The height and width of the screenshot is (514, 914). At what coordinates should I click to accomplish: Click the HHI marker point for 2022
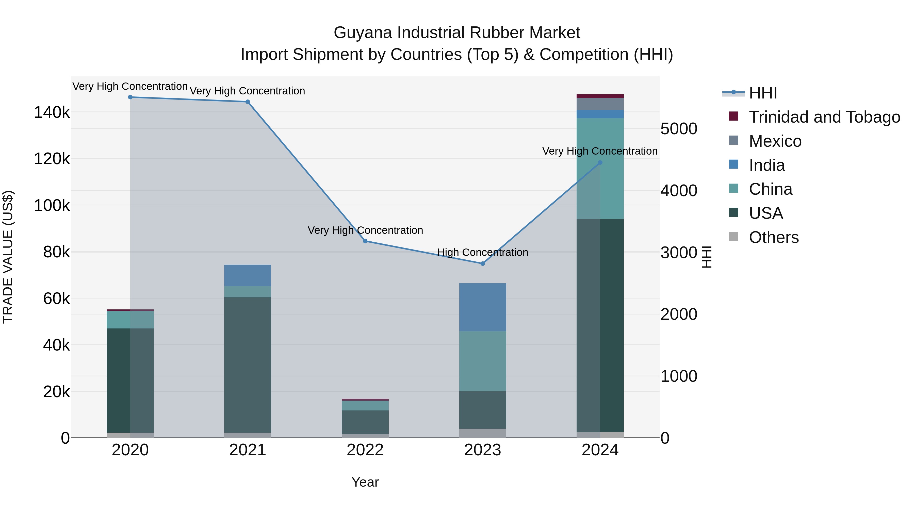pyautogui.click(x=365, y=241)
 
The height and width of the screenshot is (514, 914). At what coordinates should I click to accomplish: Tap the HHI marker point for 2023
pyautogui.click(x=483, y=263)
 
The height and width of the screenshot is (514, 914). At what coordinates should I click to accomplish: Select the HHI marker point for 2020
pyautogui.click(x=130, y=97)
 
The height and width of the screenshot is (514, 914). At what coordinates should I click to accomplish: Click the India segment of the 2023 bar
pyautogui.click(x=483, y=307)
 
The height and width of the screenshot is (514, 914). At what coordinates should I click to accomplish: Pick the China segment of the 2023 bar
pyautogui.click(x=483, y=361)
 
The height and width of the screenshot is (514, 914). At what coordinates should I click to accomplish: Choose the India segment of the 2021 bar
pyautogui.click(x=248, y=275)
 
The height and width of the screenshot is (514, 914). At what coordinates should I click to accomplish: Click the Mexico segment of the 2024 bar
pyautogui.click(x=600, y=104)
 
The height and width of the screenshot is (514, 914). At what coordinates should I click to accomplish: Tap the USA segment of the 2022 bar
pyautogui.click(x=365, y=422)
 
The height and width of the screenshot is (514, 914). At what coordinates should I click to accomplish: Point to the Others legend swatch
pyautogui.click(x=733, y=237)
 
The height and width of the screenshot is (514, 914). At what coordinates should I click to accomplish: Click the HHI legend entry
pyautogui.click(x=763, y=93)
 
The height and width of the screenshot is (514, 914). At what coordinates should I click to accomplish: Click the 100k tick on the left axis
pyautogui.click(x=52, y=205)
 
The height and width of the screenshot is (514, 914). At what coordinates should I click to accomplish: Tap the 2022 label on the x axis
pyautogui.click(x=365, y=450)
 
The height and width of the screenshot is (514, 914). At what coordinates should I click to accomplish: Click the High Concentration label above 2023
pyautogui.click(x=483, y=252)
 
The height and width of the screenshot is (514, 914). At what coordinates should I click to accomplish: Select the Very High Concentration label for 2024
pyautogui.click(x=600, y=151)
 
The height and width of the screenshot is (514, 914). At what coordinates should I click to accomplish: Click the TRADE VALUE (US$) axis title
pyautogui.click(x=8, y=257)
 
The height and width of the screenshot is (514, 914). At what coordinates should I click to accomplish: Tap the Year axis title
pyautogui.click(x=365, y=482)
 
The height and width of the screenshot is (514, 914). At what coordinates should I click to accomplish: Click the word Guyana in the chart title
pyautogui.click(x=363, y=33)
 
